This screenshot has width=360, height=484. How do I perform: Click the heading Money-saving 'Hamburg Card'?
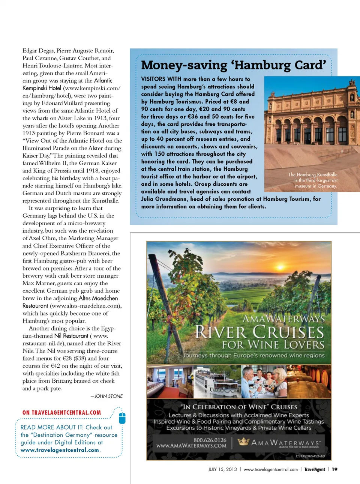pyautogui.click(x=233, y=65)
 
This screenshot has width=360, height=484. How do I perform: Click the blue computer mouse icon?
pyautogui.click(x=122, y=418)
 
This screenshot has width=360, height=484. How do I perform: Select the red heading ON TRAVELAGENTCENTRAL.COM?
pyautogui.click(x=61, y=413)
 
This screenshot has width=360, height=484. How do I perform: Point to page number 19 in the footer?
pyautogui.click(x=334, y=469)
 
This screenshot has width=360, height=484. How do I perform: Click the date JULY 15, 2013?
pyautogui.click(x=222, y=469)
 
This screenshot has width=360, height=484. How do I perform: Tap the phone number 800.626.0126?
pyautogui.click(x=210, y=440)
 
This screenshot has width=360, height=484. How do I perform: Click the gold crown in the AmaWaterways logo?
pyautogui.click(x=243, y=442)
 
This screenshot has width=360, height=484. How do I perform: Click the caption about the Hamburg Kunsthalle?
pyautogui.click(x=313, y=180)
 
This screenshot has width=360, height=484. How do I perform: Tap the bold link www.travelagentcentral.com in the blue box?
pyautogui.click(x=60, y=450)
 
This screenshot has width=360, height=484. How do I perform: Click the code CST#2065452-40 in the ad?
pyautogui.click(x=310, y=456)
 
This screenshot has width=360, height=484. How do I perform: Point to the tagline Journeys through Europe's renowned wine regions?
pyautogui.click(x=253, y=355)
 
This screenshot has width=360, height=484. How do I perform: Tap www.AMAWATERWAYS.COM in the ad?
pyautogui.click(x=191, y=446)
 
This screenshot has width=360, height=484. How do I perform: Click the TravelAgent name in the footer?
pyautogui.click(x=314, y=469)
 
